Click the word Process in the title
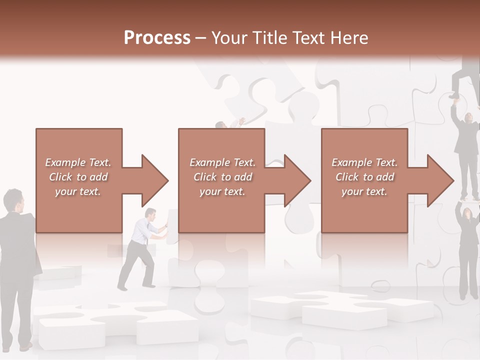click(x=157, y=38)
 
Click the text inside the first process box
click(x=78, y=177)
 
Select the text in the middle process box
click(x=222, y=177)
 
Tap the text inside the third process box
click(x=364, y=177)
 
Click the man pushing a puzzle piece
click(x=140, y=250)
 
